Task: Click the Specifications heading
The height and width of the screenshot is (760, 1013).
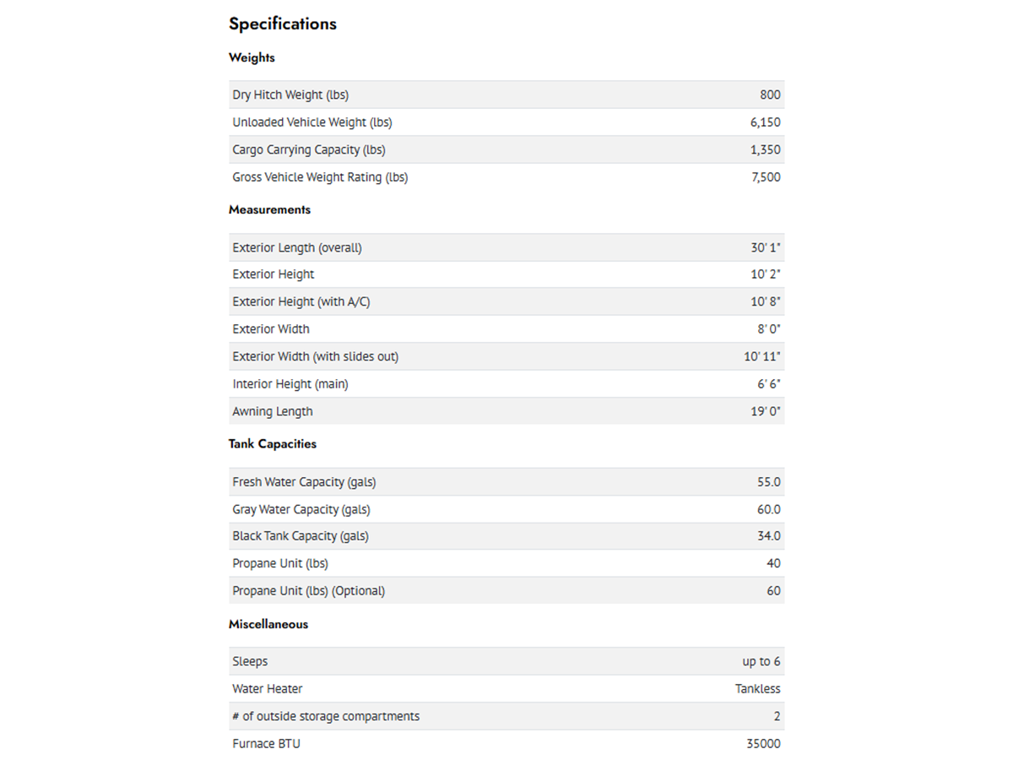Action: coord(282,24)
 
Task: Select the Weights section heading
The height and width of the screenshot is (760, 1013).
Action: coord(252,57)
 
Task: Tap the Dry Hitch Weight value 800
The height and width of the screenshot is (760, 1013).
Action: coord(770,95)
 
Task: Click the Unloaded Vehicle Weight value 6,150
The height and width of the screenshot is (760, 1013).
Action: coord(765,122)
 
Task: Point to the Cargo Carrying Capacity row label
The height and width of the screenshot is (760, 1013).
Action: coord(309,149)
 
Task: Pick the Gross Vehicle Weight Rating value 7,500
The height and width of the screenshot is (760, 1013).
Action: coord(766,177)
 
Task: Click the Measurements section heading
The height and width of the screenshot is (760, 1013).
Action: coord(269,209)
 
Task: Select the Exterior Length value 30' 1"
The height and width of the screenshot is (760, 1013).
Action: coord(766,247)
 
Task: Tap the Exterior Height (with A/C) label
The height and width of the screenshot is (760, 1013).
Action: coord(301,301)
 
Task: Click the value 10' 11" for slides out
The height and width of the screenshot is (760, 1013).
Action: coord(761,356)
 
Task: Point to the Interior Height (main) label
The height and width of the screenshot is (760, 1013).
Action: coord(290,384)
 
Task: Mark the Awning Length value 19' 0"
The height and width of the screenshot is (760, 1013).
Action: coord(766,411)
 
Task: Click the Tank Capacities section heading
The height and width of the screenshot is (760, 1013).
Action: coord(273,443)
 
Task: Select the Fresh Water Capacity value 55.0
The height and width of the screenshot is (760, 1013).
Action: coord(768,482)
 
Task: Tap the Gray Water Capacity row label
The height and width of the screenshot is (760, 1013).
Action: coord(301,509)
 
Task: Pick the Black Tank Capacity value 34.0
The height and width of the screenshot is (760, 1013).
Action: coord(768,536)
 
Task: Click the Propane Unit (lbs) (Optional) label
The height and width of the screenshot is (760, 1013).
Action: coord(309,591)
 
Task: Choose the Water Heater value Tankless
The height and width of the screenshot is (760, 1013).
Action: coord(757,689)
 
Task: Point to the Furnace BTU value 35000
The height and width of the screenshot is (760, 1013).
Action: coord(763,744)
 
